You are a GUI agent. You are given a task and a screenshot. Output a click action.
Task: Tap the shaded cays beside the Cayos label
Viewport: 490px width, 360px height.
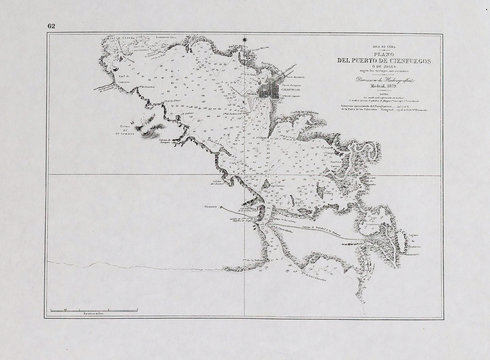pos(150,131)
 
